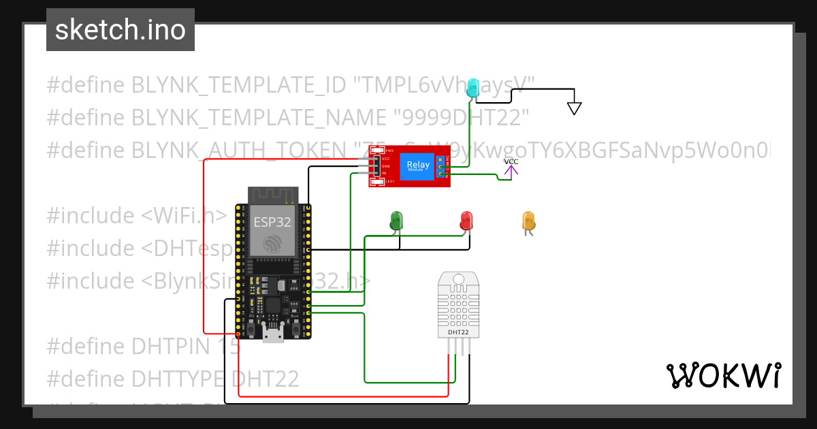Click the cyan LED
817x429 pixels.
coord(475,89)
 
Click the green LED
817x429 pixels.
coord(396,220)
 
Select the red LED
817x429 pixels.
coord(466,220)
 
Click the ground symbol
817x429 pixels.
coord(575,107)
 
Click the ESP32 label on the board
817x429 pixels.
coord(272,222)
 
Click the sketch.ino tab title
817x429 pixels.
coord(121,30)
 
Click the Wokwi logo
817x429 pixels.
coord(723,376)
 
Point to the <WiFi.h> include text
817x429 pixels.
coord(185,215)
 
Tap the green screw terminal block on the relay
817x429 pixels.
coord(441,168)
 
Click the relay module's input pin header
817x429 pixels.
coord(376,166)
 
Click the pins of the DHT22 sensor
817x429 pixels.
coord(459,347)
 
